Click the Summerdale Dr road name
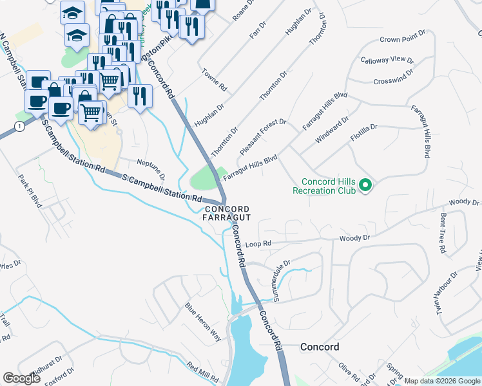coord(283,275)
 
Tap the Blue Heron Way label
coord(203,321)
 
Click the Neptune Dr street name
coord(151,168)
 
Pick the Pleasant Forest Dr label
coord(262,136)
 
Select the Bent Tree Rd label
coord(443,232)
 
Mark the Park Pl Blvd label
coord(30,191)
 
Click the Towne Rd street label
coord(215,80)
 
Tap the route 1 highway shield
coord(21,127)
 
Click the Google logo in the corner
coord(22,378)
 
